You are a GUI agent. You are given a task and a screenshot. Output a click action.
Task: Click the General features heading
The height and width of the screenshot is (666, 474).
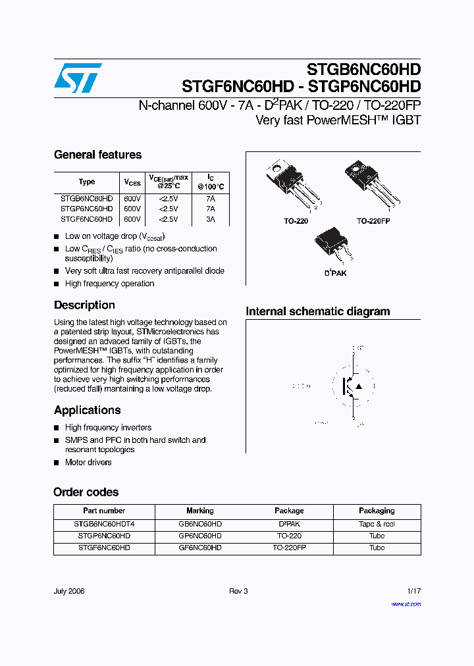click(x=97, y=155)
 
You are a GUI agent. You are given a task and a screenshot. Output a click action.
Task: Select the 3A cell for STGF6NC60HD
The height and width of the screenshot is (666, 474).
click(x=210, y=219)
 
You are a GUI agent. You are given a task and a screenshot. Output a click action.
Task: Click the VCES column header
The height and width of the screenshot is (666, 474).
click(x=132, y=182)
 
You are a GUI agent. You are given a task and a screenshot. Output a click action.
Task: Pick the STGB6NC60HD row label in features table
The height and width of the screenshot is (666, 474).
click(x=87, y=198)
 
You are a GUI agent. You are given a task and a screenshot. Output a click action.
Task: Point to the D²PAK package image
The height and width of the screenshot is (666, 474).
click(x=334, y=245)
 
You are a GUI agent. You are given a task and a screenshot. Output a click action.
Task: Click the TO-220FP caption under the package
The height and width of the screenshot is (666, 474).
click(x=373, y=222)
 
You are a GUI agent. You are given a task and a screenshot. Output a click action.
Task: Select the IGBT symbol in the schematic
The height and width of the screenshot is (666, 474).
click(x=354, y=386)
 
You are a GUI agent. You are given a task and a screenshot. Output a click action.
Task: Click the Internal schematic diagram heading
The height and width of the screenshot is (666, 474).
click(x=317, y=311)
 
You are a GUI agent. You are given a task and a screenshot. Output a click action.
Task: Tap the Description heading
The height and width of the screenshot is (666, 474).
click(x=84, y=305)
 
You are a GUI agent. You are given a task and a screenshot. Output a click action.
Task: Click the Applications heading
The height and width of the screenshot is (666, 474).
click(x=87, y=410)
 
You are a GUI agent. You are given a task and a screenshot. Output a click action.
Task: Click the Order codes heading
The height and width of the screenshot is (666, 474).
click(x=86, y=492)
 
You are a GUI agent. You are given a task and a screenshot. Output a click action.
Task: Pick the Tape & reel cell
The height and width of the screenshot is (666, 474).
click(x=377, y=525)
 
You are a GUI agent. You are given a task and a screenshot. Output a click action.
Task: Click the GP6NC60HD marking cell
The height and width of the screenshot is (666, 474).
click(x=200, y=536)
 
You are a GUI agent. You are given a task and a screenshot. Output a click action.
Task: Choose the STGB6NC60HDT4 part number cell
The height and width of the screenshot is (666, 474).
click(x=104, y=525)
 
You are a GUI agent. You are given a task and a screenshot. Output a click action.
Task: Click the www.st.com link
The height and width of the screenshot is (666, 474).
click(x=406, y=604)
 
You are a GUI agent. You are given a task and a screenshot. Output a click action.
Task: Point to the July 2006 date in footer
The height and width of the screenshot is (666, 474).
click(x=69, y=591)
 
